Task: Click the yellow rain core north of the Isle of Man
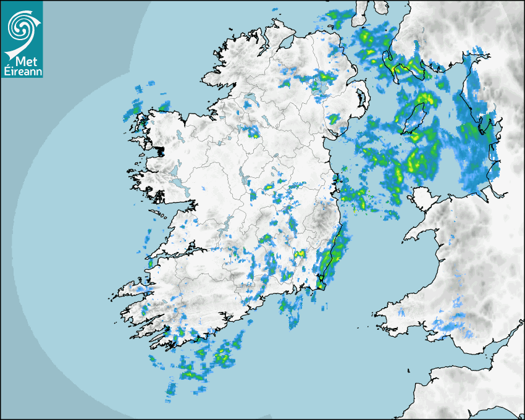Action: coord(425,98)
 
